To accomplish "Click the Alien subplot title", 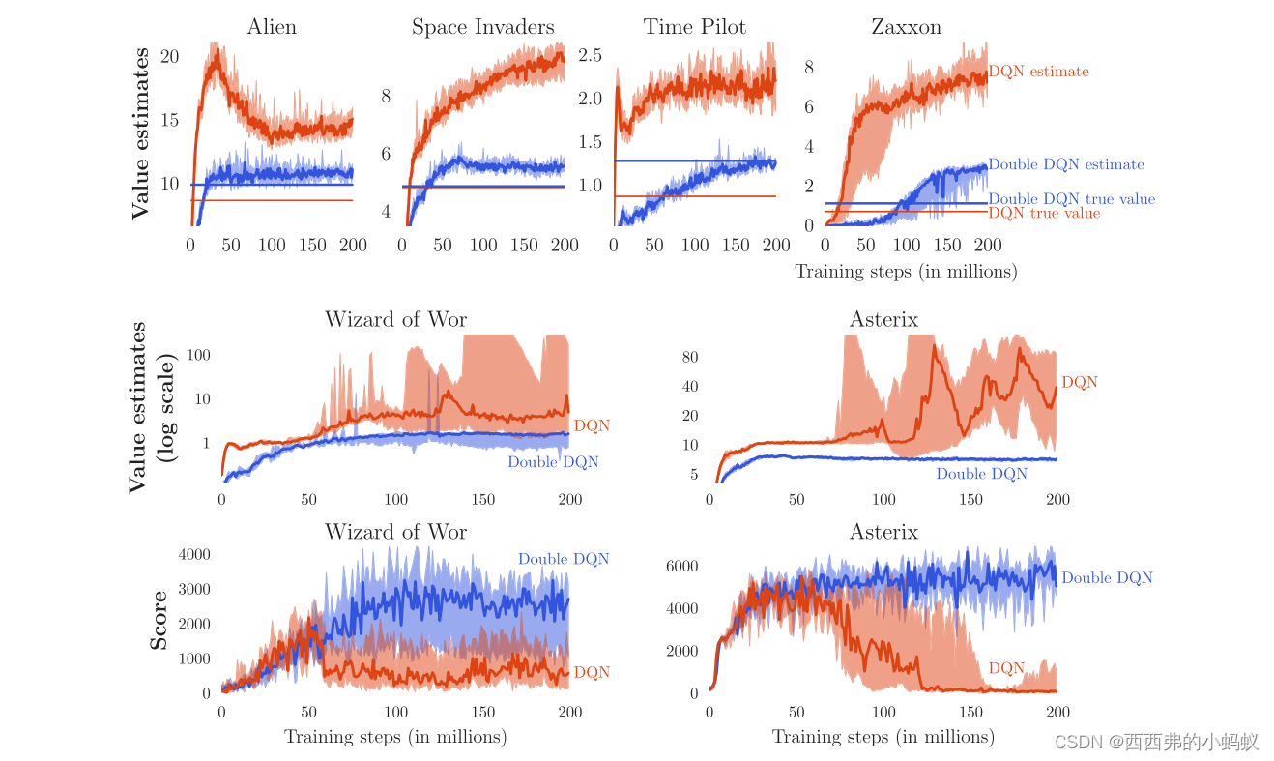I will click(x=272, y=27).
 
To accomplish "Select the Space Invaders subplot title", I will click(x=483, y=27).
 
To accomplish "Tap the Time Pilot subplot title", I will click(x=695, y=27).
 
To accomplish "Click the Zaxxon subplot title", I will click(x=906, y=27).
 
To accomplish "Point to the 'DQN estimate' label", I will click(x=1038, y=72).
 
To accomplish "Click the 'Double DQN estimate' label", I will click(x=1065, y=164).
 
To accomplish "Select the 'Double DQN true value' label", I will click(x=1071, y=199).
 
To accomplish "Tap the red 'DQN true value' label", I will click(x=1044, y=213).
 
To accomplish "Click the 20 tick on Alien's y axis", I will click(x=170, y=57).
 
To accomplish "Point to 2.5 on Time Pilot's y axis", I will click(x=590, y=55).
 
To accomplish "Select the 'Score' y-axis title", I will click(x=159, y=620).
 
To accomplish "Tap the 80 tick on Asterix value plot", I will click(x=689, y=357).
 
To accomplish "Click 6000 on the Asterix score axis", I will click(x=681, y=566).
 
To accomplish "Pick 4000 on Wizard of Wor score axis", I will click(x=193, y=554).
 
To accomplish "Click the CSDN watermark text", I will click(x=1155, y=742).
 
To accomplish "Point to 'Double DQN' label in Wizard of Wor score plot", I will click(x=563, y=559).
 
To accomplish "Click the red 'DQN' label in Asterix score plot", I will click(x=1006, y=668).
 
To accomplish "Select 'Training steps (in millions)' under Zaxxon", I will click(x=906, y=272).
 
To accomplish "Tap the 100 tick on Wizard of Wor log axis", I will click(x=198, y=355).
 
